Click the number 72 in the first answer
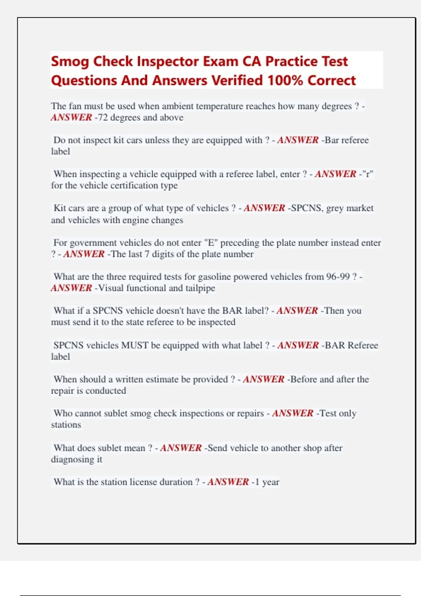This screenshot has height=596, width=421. point(102,117)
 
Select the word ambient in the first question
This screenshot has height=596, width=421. point(177,106)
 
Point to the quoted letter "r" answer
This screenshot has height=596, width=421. point(367,174)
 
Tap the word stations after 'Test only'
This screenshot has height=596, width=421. point(66,425)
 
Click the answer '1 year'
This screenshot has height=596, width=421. point(267,482)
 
